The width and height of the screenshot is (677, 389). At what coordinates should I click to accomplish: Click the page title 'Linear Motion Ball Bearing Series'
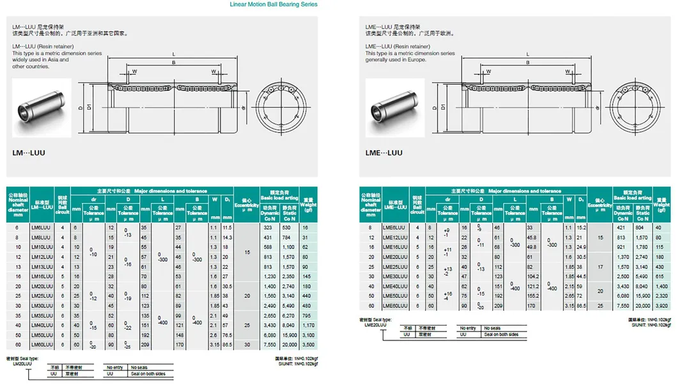[274, 4]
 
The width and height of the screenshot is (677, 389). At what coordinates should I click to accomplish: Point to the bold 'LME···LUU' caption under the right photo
[384, 153]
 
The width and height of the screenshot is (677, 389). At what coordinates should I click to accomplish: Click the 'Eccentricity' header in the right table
[600, 205]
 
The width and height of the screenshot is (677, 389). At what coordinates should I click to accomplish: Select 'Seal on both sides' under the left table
[148, 374]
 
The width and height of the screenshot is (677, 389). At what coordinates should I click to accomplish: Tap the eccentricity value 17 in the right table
[600, 266]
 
